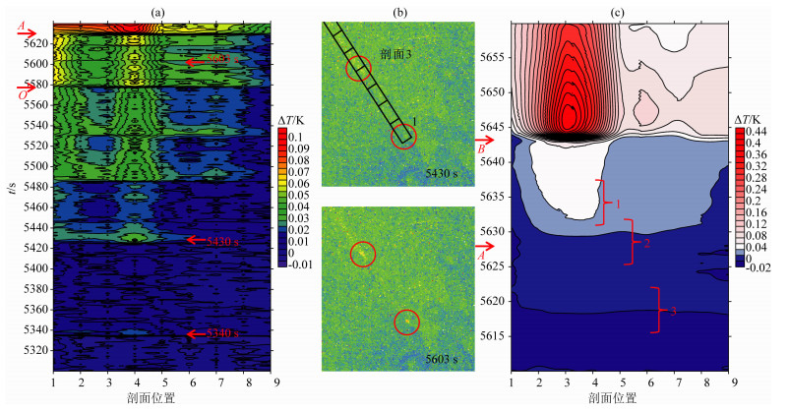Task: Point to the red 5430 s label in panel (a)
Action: [x=222, y=240]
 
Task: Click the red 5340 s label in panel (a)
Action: [x=222, y=334]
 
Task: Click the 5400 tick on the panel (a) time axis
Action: [x=34, y=268]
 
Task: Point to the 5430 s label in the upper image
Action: [x=442, y=173]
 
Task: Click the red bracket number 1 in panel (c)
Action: [x=617, y=204]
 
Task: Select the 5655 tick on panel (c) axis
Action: [x=492, y=57]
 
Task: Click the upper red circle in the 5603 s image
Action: [x=363, y=254]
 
